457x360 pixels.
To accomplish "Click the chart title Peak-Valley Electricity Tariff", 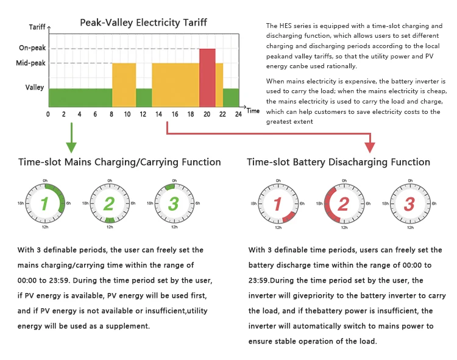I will [x=143, y=23].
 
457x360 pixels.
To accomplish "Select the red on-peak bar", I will [x=207, y=77].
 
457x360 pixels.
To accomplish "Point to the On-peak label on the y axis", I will [x=32, y=48].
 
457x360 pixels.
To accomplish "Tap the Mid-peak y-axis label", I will [x=30, y=63].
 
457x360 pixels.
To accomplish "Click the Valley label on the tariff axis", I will [x=34, y=87].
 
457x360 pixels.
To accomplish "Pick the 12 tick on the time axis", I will [x=142, y=114].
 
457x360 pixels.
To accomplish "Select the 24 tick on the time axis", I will [x=239, y=114].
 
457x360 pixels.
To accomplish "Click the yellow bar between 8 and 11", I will [x=124, y=84].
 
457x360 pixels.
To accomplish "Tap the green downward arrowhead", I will [x=71, y=147].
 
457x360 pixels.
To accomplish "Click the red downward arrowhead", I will [x=369, y=147].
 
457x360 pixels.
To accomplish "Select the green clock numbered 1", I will [x=45, y=203].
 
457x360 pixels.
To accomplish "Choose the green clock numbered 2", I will [x=109, y=203].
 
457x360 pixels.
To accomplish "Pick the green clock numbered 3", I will [x=174, y=203].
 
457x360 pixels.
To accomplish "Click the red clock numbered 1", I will [x=278, y=203].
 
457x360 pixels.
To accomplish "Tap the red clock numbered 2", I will [x=343, y=203].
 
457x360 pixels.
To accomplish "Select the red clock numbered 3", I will [x=409, y=203].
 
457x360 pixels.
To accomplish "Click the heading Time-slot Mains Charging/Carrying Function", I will [x=119, y=162].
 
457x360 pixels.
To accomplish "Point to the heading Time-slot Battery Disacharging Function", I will [x=338, y=162].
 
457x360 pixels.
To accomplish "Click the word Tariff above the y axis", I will [x=37, y=27].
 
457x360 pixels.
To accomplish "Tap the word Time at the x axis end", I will [x=253, y=111].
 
